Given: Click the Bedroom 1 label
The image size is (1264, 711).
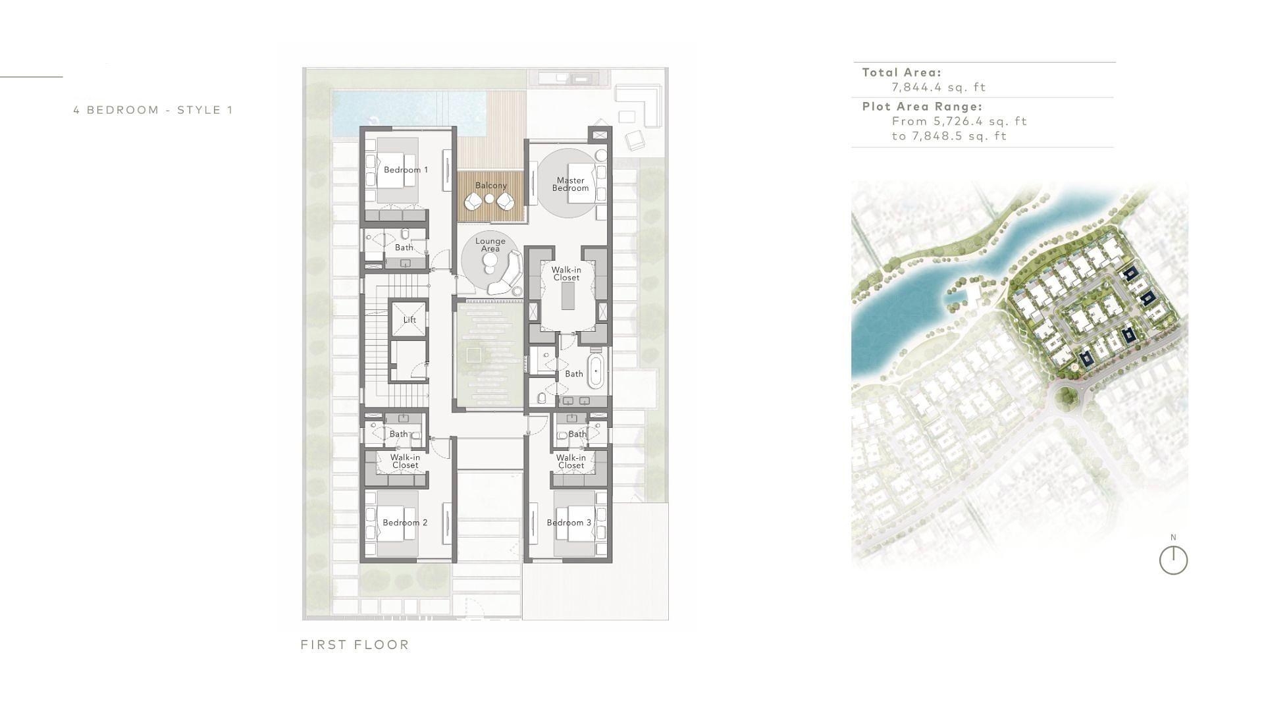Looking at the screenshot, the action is [x=406, y=170].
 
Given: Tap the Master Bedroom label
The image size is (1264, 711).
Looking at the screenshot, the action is [x=570, y=184].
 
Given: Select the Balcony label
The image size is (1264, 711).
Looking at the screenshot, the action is [x=491, y=186].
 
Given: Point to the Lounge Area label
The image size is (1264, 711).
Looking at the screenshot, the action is [x=490, y=245].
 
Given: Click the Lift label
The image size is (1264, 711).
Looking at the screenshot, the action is [x=409, y=320].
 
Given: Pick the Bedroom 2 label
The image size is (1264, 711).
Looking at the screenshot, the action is [x=405, y=523].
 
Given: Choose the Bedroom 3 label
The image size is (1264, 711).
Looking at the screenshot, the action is [x=569, y=523].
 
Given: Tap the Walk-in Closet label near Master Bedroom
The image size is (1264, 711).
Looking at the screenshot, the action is [x=566, y=274].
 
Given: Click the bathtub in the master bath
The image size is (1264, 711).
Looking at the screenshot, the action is [x=596, y=372].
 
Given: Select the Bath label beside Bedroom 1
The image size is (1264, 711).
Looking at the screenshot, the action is [x=404, y=248].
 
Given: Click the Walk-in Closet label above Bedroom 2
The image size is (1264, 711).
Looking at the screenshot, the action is [x=405, y=461].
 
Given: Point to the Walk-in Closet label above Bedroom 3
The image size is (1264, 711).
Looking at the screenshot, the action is [x=571, y=461].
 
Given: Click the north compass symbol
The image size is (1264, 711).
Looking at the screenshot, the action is [x=1173, y=560].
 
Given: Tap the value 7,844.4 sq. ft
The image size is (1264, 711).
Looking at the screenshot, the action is [x=939, y=87].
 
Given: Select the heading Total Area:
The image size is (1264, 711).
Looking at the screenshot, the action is [x=902, y=72].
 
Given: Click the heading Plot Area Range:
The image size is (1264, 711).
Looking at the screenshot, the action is [x=922, y=107].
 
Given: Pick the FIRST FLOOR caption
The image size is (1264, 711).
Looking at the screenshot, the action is [x=355, y=645].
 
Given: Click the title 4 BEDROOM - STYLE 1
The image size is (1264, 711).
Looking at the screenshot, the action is [x=153, y=110].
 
